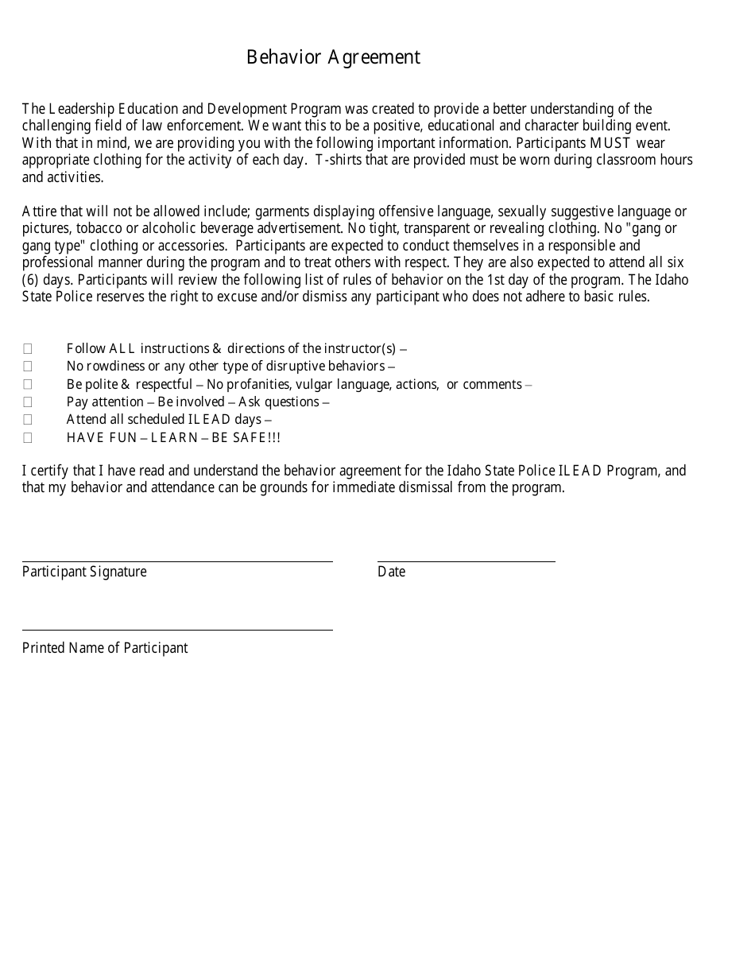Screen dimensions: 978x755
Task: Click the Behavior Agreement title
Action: coord(333,57)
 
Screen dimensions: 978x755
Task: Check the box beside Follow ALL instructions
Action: coord(28,348)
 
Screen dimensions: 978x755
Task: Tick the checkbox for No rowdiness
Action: coord(28,366)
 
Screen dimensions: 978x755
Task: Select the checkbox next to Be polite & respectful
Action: coord(28,384)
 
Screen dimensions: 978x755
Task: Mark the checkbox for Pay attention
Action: coord(28,402)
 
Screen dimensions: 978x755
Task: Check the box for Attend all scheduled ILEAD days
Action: coord(28,419)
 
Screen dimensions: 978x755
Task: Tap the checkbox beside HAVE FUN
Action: coord(28,437)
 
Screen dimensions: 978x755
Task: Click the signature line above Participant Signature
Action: coord(177,560)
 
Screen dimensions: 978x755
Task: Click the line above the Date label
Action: coord(466,560)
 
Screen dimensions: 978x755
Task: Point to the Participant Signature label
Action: coord(84,572)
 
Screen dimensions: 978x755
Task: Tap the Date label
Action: coord(391,572)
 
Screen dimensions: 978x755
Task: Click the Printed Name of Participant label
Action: coord(105,648)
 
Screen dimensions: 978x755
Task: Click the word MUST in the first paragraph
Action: coord(610,143)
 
